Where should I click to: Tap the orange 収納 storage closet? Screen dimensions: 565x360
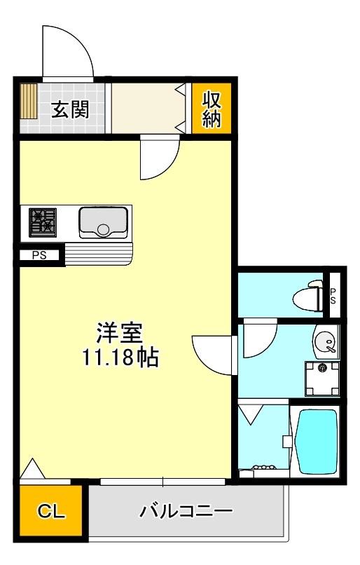click(x=212, y=109)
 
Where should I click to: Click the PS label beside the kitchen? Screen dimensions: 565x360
click(x=39, y=255)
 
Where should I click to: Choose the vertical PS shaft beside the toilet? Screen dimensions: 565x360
click(x=333, y=295)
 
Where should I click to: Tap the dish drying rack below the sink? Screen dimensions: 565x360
click(x=98, y=252)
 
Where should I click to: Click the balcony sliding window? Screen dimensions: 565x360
click(x=162, y=482)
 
